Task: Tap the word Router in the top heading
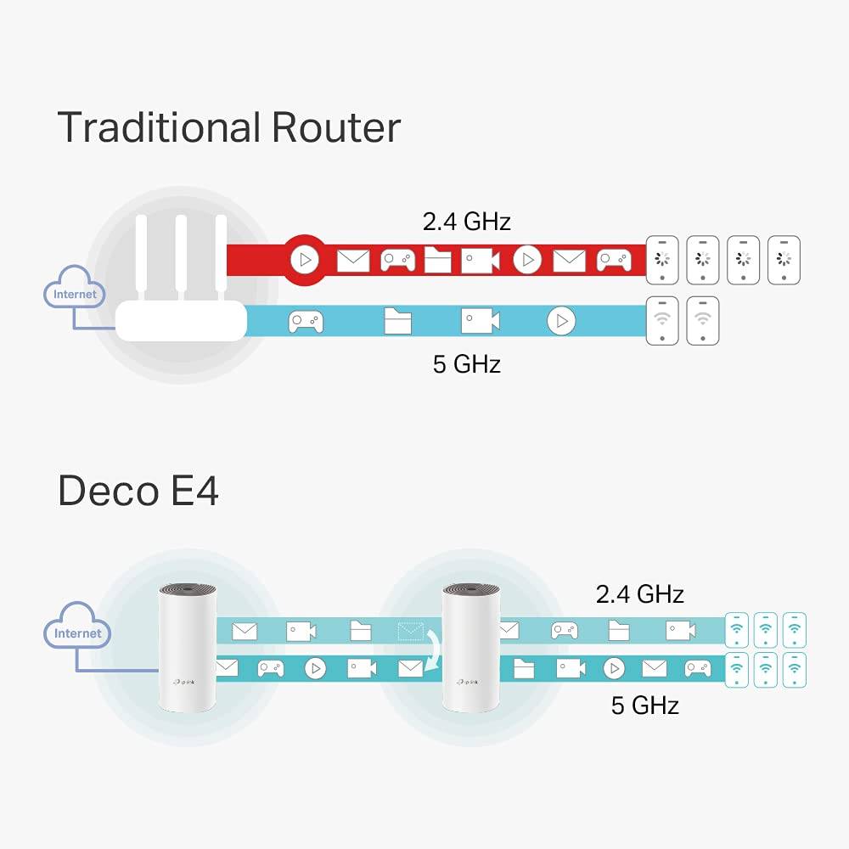pos(336,127)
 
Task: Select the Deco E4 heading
pos(138,492)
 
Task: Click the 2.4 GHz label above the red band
pos(466,222)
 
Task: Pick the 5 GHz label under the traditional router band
pos(466,364)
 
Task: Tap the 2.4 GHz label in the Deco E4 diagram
pos(639,593)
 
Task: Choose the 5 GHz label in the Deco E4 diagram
pos(644,705)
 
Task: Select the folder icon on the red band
pos(437,260)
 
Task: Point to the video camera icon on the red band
pos(480,260)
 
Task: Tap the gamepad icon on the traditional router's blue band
pos(305,322)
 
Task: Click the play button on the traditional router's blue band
pos(560,321)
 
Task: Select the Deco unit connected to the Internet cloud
pos(188,647)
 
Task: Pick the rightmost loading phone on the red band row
pos(784,259)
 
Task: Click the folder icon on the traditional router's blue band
pos(397,321)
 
